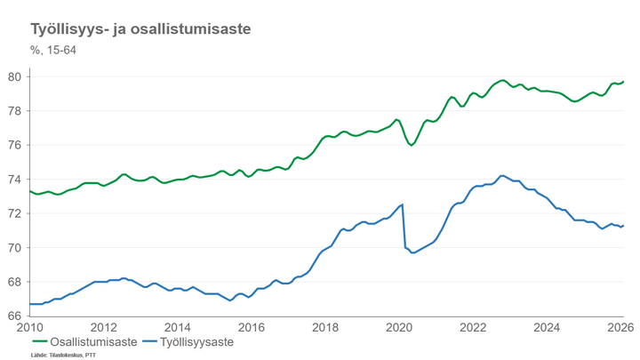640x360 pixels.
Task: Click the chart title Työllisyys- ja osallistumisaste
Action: click(140, 30)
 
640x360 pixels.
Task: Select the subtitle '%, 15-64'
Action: click(53, 50)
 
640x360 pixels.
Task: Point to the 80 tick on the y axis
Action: click(15, 76)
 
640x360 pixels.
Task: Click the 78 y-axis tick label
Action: click(15, 111)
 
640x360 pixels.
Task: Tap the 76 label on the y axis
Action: click(15, 145)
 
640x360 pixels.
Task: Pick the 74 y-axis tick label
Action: click(15, 180)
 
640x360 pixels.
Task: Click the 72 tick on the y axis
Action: click(15, 213)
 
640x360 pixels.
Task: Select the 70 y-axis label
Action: click(15, 248)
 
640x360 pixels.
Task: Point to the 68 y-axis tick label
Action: click(15, 282)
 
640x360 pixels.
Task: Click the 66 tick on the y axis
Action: click(15, 316)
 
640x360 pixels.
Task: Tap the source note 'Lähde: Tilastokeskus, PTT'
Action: click(63, 355)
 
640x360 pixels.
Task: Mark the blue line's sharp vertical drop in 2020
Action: click(404, 227)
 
